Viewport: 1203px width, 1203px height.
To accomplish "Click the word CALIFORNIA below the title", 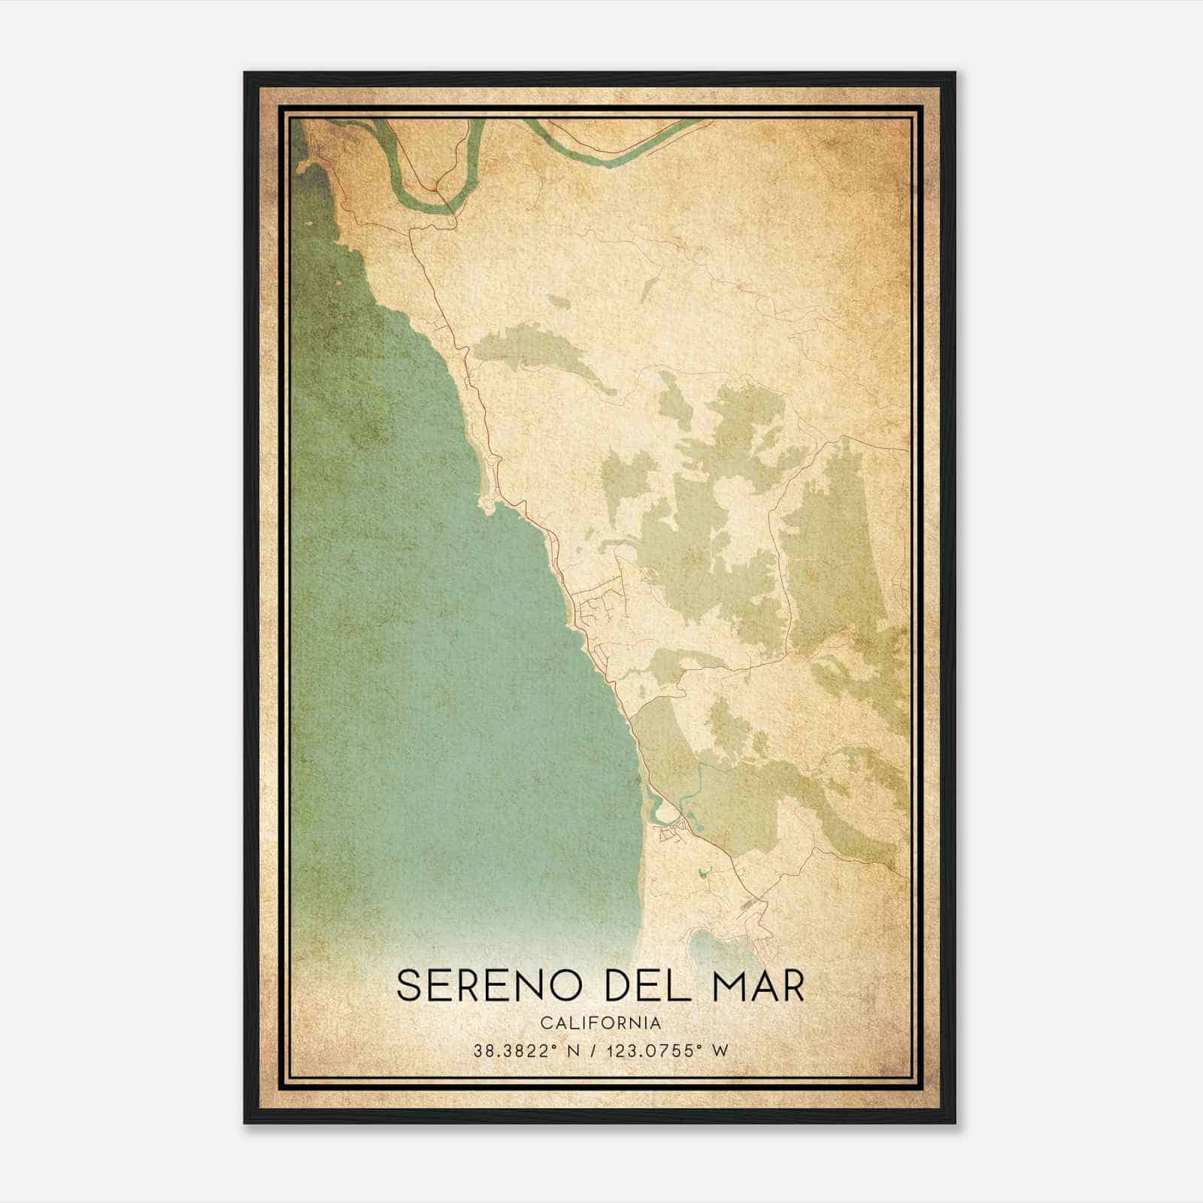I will [x=601, y=1023].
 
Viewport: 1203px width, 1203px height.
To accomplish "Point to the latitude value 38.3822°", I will [x=514, y=1051].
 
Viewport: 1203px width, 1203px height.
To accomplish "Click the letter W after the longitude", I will [x=720, y=1051].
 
